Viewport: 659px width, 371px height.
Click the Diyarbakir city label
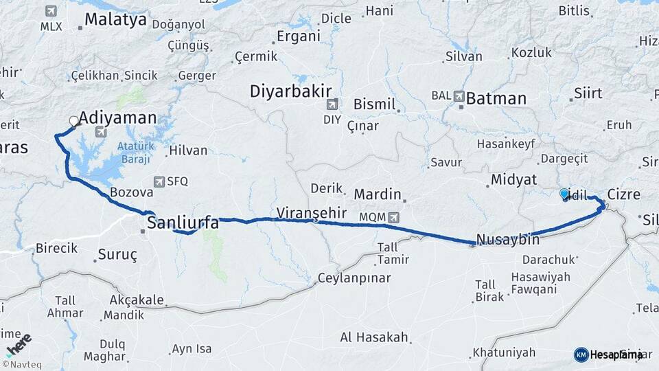click(290, 91)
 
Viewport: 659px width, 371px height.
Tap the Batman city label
click(496, 98)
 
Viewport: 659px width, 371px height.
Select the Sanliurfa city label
click(183, 223)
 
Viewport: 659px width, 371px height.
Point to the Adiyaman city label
click(117, 117)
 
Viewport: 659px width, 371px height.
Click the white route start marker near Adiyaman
click(73, 122)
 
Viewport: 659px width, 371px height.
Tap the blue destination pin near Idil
click(564, 194)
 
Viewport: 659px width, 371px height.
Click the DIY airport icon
click(332, 104)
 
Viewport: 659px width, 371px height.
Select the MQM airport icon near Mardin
click(393, 217)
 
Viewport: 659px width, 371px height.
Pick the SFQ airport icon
click(160, 181)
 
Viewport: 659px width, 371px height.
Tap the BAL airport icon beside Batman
click(459, 96)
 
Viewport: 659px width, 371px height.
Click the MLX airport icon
click(51, 12)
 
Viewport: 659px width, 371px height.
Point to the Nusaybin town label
click(507, 240)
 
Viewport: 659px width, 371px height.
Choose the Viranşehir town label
click(312, 212)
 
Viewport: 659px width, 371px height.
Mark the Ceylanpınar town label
click(354, 278)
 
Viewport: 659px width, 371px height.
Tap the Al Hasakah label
click(374, 337)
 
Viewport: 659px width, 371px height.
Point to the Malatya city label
click(115, 19)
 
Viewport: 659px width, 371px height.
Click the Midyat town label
click(512, 179)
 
